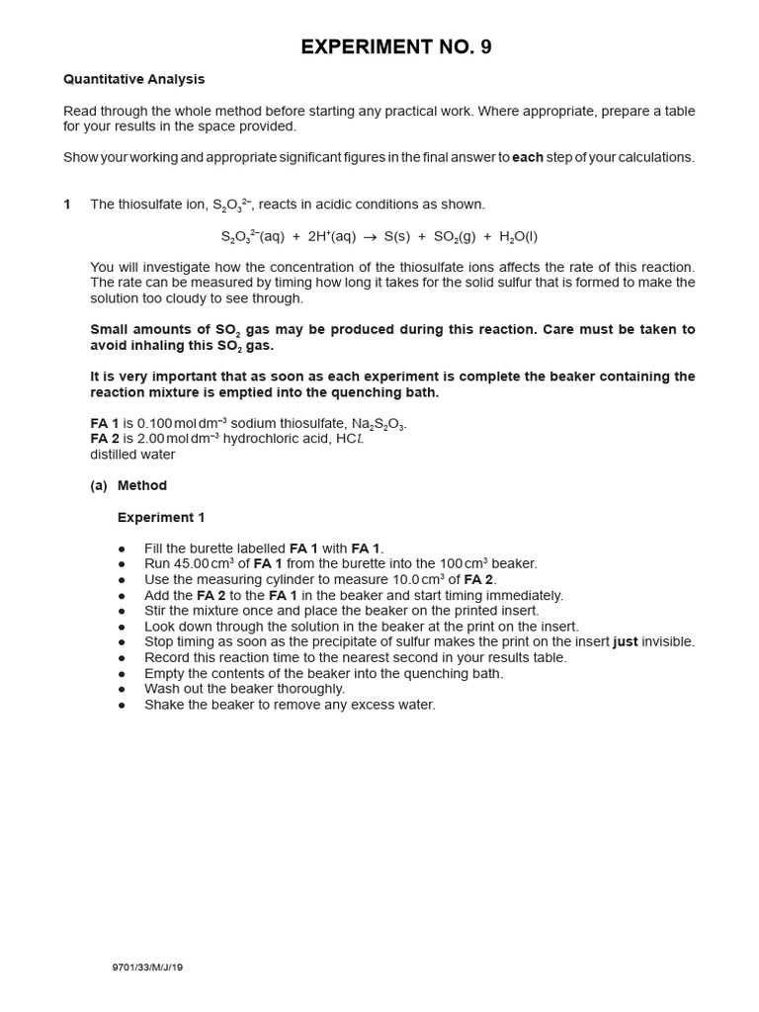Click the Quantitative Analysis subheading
(133, 79)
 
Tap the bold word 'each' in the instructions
(528, 157)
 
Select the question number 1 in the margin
(67, 205)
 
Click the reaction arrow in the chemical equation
(371, 237)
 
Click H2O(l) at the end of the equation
(519, 237)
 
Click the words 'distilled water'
(132, 455)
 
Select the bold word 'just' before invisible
(625, 641)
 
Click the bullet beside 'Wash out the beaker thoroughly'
(122, 689)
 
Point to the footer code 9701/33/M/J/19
(147, 968)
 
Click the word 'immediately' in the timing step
(527, 595)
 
